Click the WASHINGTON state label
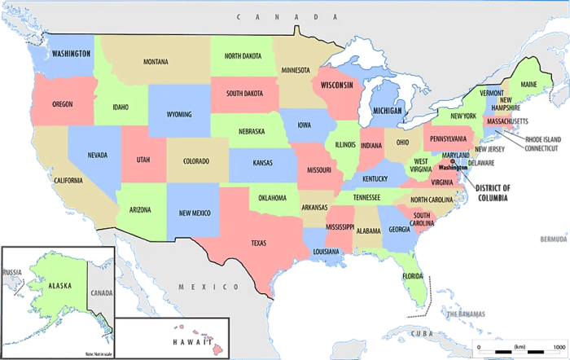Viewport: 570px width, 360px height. [71, 54]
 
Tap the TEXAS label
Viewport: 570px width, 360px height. [258, 243]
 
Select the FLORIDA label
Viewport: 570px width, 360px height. [412, 276]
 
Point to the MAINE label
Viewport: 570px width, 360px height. [528, 85]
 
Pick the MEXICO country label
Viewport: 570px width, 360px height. [199, 287]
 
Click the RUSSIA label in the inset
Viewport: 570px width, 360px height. [11, 272]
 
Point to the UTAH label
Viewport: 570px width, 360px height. [143, 160]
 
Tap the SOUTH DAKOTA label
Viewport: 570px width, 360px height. [244, 93]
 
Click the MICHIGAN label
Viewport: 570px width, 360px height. [387, 110]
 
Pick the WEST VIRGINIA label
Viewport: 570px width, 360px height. [421, 165]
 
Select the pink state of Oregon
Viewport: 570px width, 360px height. [62, 106]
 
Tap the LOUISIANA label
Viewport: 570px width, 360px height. [326, 252]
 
